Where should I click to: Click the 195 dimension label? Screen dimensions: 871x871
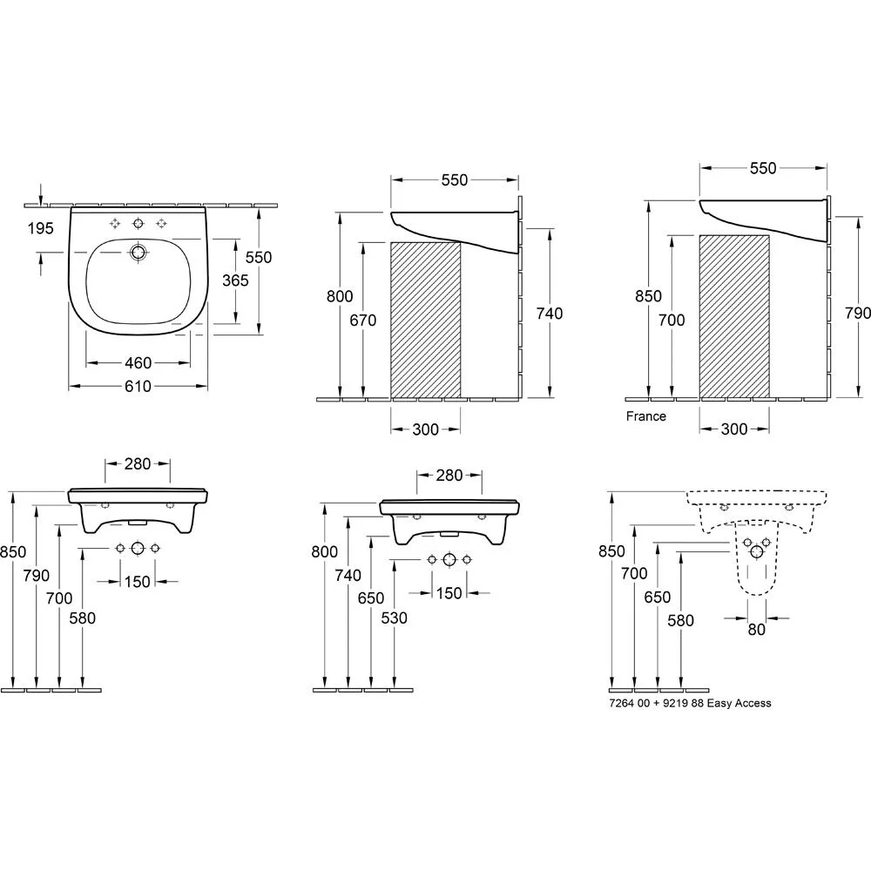41,227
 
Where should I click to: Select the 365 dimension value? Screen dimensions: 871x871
235,280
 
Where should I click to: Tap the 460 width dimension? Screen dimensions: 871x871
138,362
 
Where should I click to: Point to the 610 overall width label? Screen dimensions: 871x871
138,386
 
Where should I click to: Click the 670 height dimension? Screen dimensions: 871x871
363,320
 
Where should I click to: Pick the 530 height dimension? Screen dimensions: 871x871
395,618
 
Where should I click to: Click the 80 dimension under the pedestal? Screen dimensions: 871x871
757,630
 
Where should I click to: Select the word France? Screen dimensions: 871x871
646,416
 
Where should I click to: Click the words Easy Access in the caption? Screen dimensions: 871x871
739,703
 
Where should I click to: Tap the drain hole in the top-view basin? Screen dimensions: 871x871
138,253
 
